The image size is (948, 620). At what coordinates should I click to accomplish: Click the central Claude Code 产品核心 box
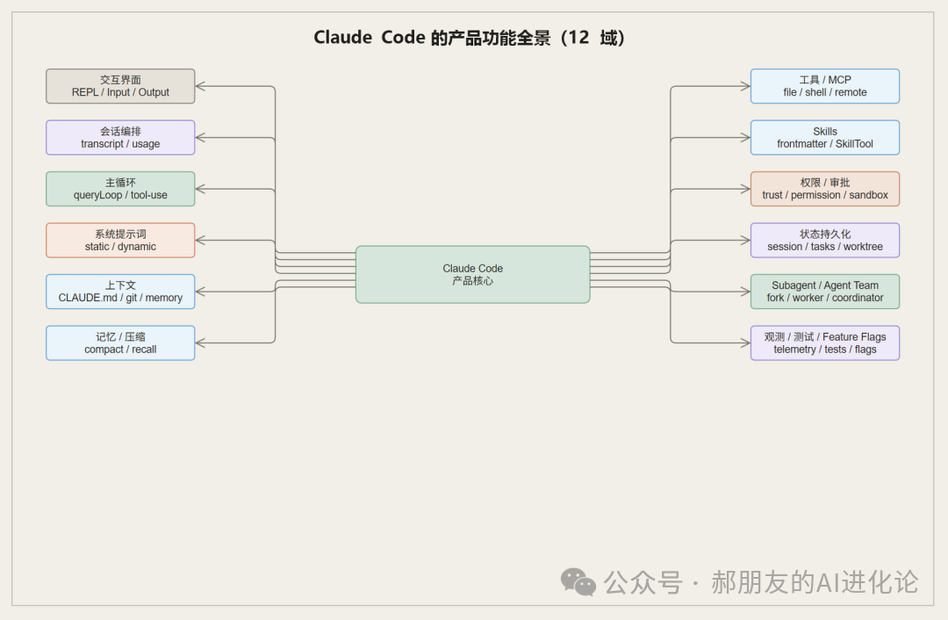coord(472,274)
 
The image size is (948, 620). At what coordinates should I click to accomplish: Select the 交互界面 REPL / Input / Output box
coord(120,86)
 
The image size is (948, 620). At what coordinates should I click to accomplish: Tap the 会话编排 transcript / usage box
coord(120,138)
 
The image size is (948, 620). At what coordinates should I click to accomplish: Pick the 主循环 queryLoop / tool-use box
coord(120,189)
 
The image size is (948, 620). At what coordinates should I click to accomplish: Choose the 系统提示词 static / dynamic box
coord(120,241)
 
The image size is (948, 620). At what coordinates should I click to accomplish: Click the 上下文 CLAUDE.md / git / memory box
coord(120,292)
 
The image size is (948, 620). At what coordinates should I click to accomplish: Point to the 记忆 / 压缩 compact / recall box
coord(120,343)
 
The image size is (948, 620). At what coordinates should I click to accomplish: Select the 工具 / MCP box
coord(824,86)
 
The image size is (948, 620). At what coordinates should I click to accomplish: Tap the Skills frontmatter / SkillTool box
coord(824,138)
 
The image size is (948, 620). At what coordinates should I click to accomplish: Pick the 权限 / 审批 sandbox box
coord(824,189)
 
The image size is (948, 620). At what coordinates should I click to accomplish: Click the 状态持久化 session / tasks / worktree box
coord(824,241)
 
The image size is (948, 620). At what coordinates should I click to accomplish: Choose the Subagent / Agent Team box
coord(824,292)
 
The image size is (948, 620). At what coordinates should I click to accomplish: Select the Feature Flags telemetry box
coord(824,343)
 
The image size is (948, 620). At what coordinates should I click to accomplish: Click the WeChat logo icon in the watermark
coord(578,581)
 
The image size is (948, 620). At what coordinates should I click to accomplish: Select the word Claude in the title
coord(342,39)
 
